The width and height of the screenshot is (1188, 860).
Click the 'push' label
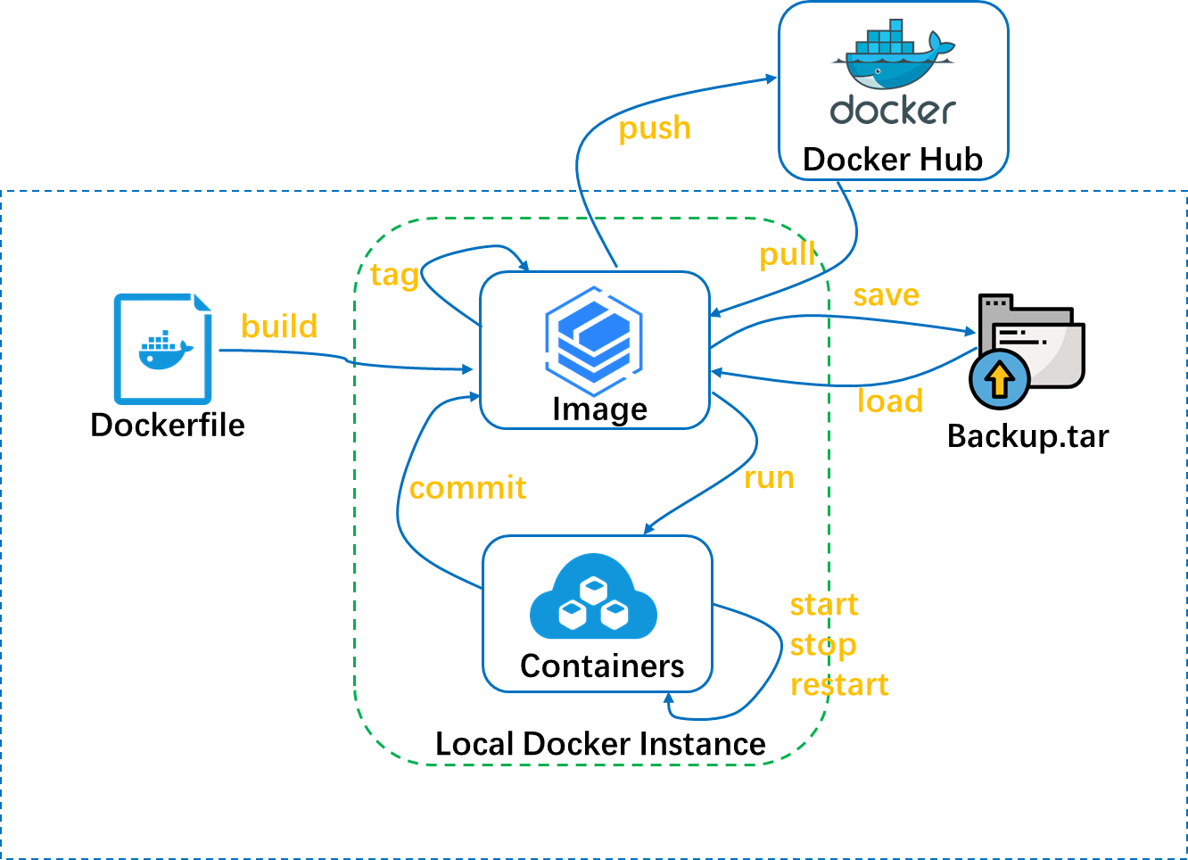click(x=655, y=129)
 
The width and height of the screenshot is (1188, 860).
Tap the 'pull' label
click(x=787, y=255)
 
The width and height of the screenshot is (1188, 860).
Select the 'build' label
click(x=279, y=327)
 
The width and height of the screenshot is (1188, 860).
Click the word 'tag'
click(x=394, y=275)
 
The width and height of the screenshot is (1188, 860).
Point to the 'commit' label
click(x=467, y=488)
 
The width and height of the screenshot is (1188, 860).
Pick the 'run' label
click(x=769, y=478)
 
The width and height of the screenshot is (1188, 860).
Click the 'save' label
click(x=886, y=295)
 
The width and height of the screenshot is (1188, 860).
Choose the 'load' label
click(x=889, y=401)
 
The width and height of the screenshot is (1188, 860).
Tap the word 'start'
click(x=824, y=605)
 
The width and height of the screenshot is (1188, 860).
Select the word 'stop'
click(x=822, y=645)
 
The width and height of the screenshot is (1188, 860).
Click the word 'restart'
click(x=839, y=685)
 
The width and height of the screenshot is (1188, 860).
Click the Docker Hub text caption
click(x=893, y=160)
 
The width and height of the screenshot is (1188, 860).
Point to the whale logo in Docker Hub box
click(x=893, y=59)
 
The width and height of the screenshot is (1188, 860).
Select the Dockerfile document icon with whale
click(x=163, y=349)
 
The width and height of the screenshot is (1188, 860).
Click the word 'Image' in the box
click(x=599, y=409)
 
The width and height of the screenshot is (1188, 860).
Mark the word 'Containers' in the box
click(x=602, y=666)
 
